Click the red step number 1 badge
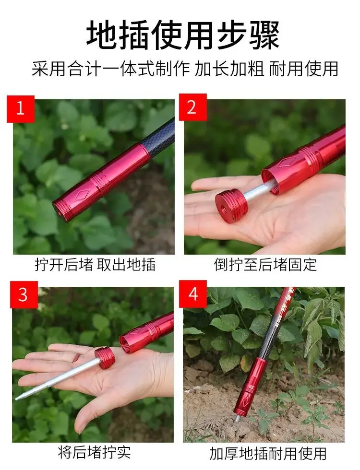[x=21, y=108]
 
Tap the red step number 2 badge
[x=192, y=107]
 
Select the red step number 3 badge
[x=24, y=294]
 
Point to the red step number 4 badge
[x=193, y=294]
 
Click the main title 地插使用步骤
[x=183, y=35]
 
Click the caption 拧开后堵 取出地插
[x=95, y=265]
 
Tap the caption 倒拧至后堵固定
[x=265, y=265]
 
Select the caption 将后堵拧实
[x=94, y=452]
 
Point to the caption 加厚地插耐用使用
[x=268, y=454]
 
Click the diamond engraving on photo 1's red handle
[x=82, y=195]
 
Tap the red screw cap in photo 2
[x=231, y=207]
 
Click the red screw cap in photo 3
[x=105, y=358]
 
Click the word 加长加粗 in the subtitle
[x=230, y=69]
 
